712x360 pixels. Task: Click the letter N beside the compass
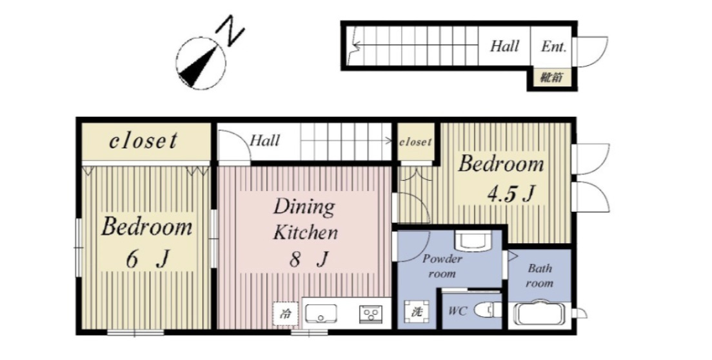pos(231,30)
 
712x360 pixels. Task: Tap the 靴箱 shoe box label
pos(551,77)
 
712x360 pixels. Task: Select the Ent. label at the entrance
pos(553,46)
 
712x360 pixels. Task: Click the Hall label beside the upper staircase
pos(504,46)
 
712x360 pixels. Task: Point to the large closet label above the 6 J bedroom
pos(143,141)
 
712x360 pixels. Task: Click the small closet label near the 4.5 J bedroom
pos(415,142)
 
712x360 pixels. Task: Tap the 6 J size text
pos(148,259)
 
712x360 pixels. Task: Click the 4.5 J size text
pos(510,194)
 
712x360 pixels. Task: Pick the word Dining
pos(304,208)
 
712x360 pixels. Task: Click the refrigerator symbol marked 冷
pos(286,314)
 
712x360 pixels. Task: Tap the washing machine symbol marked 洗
pos(416,312)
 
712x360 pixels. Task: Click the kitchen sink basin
pos(321,314)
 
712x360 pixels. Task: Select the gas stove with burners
pos(371,314)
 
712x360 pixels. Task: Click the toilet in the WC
pos(488,311)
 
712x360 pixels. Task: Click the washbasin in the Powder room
pos(473,241)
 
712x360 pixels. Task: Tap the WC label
pos(457,312)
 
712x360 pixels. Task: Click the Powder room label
pos(442,266)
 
